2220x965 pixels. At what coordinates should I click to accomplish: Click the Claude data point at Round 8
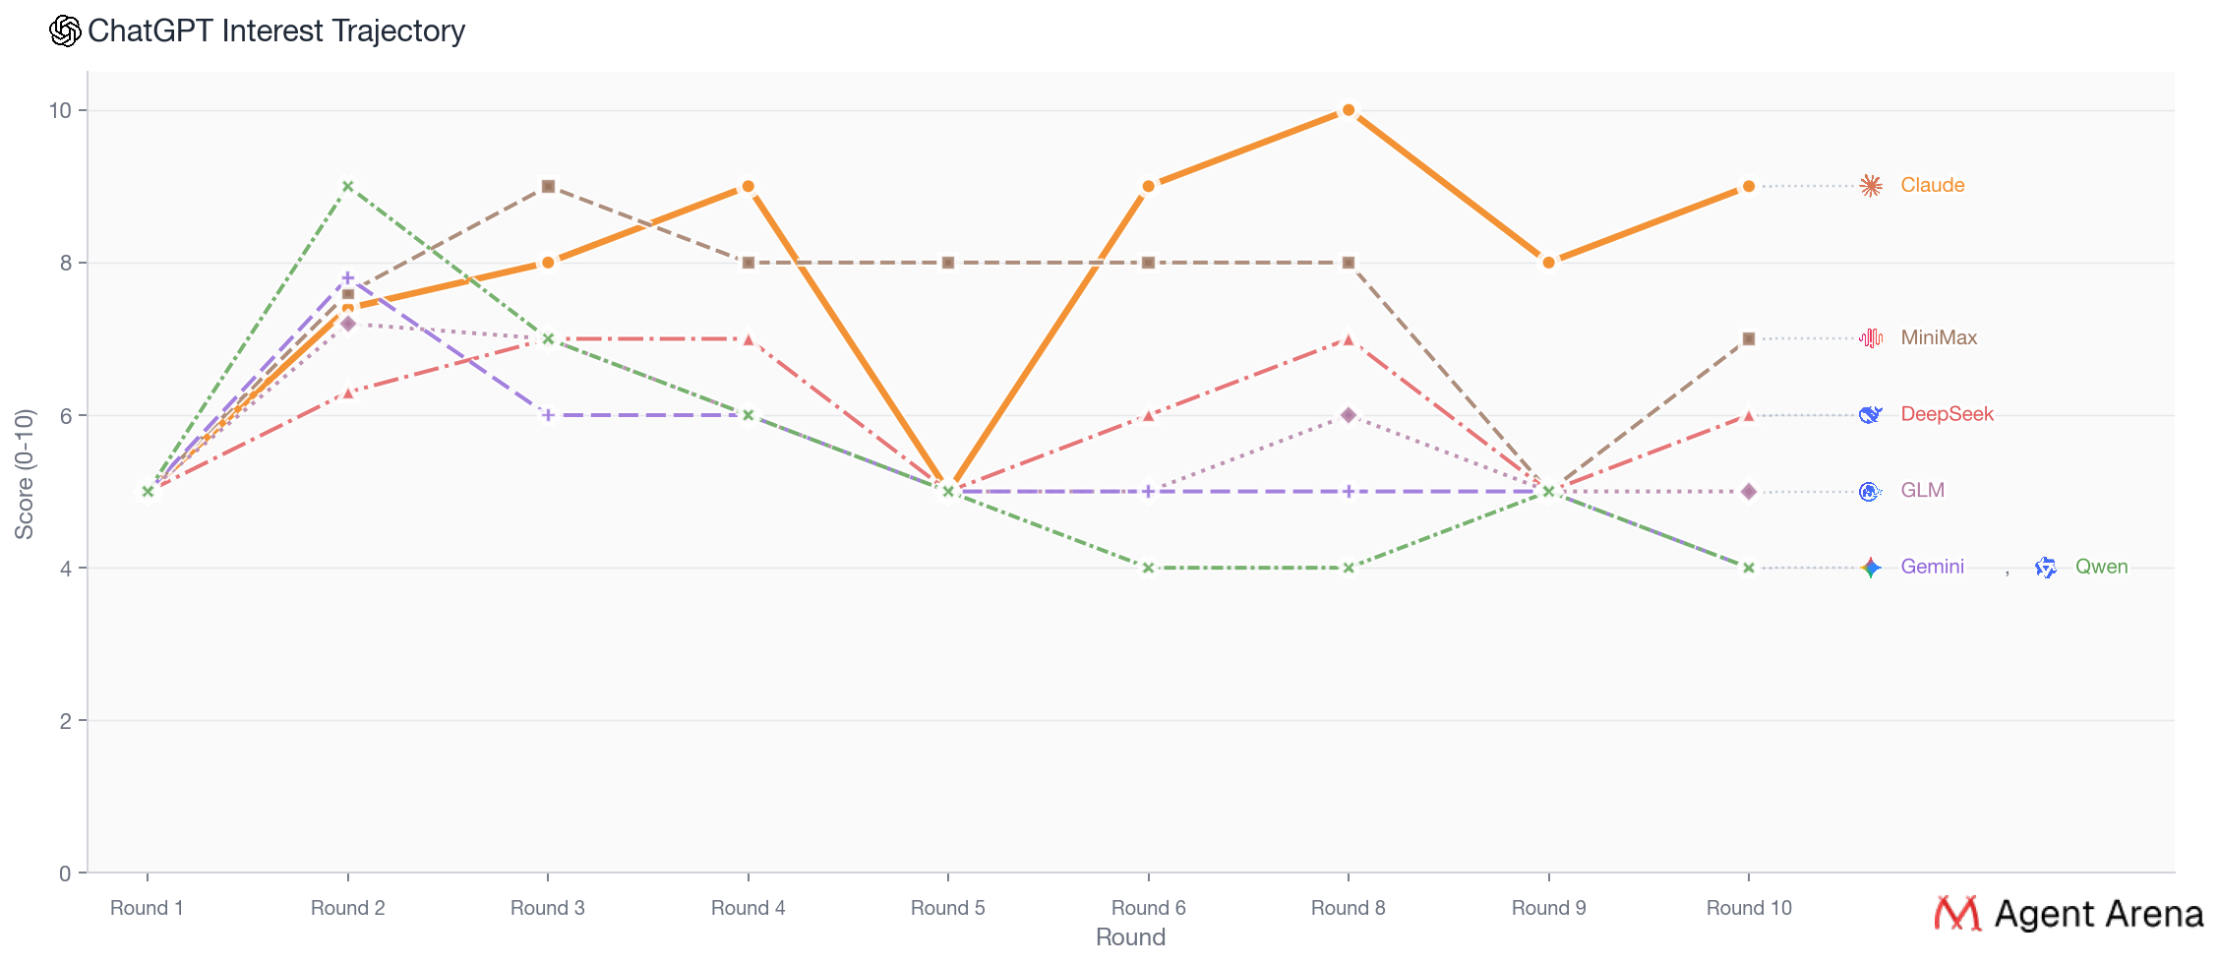pos(1348,110)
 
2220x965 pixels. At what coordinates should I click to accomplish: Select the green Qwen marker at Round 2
pos(347,186)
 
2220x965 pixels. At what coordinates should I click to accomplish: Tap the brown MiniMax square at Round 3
pos(548,186)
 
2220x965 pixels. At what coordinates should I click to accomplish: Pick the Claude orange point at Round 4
pos(748,186)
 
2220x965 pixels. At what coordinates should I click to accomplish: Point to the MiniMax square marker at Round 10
pos(1748,338)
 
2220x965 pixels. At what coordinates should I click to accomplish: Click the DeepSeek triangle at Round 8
pos(1348,339)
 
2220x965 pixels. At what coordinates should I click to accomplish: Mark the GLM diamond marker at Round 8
pos(1348,415)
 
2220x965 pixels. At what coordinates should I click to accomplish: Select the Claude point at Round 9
pos(1548,263)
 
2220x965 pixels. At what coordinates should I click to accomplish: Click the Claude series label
pos(1932,185)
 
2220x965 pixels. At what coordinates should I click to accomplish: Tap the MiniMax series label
pos(1938,337)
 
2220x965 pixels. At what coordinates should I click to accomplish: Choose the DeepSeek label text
pos(1947,414)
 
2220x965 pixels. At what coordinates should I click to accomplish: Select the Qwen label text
pos(2101,567)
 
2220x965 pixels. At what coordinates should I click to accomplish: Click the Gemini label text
pos(1932,567)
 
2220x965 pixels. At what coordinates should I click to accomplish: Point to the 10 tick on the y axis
pos(61,110)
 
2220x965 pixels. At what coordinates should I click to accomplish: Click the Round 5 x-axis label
pos(947,908)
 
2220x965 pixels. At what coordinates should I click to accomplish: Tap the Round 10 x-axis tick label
pos(1748,908)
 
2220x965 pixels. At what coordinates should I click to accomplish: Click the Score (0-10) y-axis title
pos(24,473)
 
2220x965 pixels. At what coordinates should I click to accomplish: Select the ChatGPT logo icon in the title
pos(65,30)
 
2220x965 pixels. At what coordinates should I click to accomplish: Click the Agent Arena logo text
pos(2097,914)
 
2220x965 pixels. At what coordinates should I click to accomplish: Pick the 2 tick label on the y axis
pos(66,721)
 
